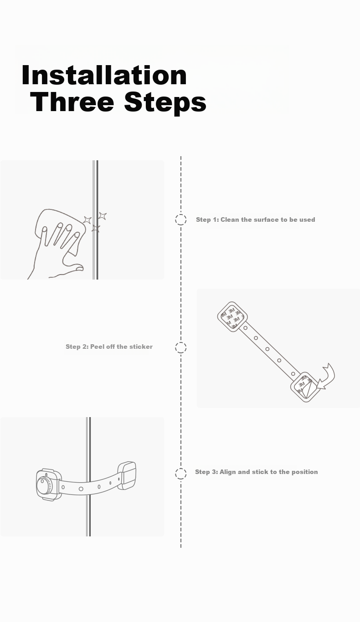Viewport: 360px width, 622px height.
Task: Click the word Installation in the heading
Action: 104,75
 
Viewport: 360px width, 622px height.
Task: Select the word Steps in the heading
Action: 165,103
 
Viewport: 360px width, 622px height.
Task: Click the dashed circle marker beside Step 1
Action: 181,219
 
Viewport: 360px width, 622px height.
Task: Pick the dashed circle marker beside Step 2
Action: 181,347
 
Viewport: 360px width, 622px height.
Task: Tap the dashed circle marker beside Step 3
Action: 181,474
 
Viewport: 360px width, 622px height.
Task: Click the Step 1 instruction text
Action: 256,219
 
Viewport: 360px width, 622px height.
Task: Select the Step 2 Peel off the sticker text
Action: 109,347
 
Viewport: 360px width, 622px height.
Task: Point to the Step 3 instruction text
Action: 256,472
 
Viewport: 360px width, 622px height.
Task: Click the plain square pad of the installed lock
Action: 127,475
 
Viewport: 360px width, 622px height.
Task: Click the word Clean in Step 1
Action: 230,219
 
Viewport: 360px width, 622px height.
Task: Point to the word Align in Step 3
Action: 227,472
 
